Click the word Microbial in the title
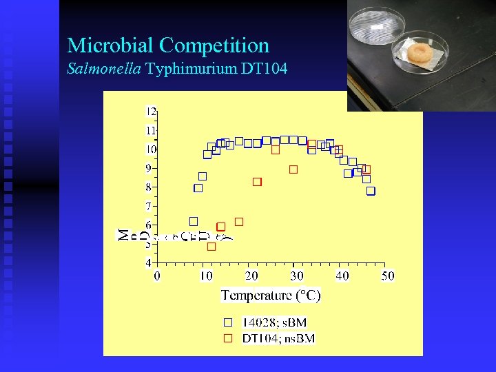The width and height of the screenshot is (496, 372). click(x=110, y=46)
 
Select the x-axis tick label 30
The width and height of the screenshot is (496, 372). click(x=296, y=276)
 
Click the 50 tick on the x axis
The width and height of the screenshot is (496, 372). click(x=388, y=276)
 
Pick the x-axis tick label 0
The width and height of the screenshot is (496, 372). click(x=157, y=276)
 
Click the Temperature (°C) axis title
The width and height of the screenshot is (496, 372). click(x=271, y=296)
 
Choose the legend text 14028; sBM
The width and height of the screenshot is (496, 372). click(x=275, y=322)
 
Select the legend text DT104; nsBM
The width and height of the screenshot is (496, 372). click(x=279, y=338)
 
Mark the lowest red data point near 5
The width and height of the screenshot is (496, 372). click(x=211, y=246)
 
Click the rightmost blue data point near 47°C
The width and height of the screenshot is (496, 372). click(x=371, y=191)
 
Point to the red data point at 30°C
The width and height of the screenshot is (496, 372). click(x=293, y=169)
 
